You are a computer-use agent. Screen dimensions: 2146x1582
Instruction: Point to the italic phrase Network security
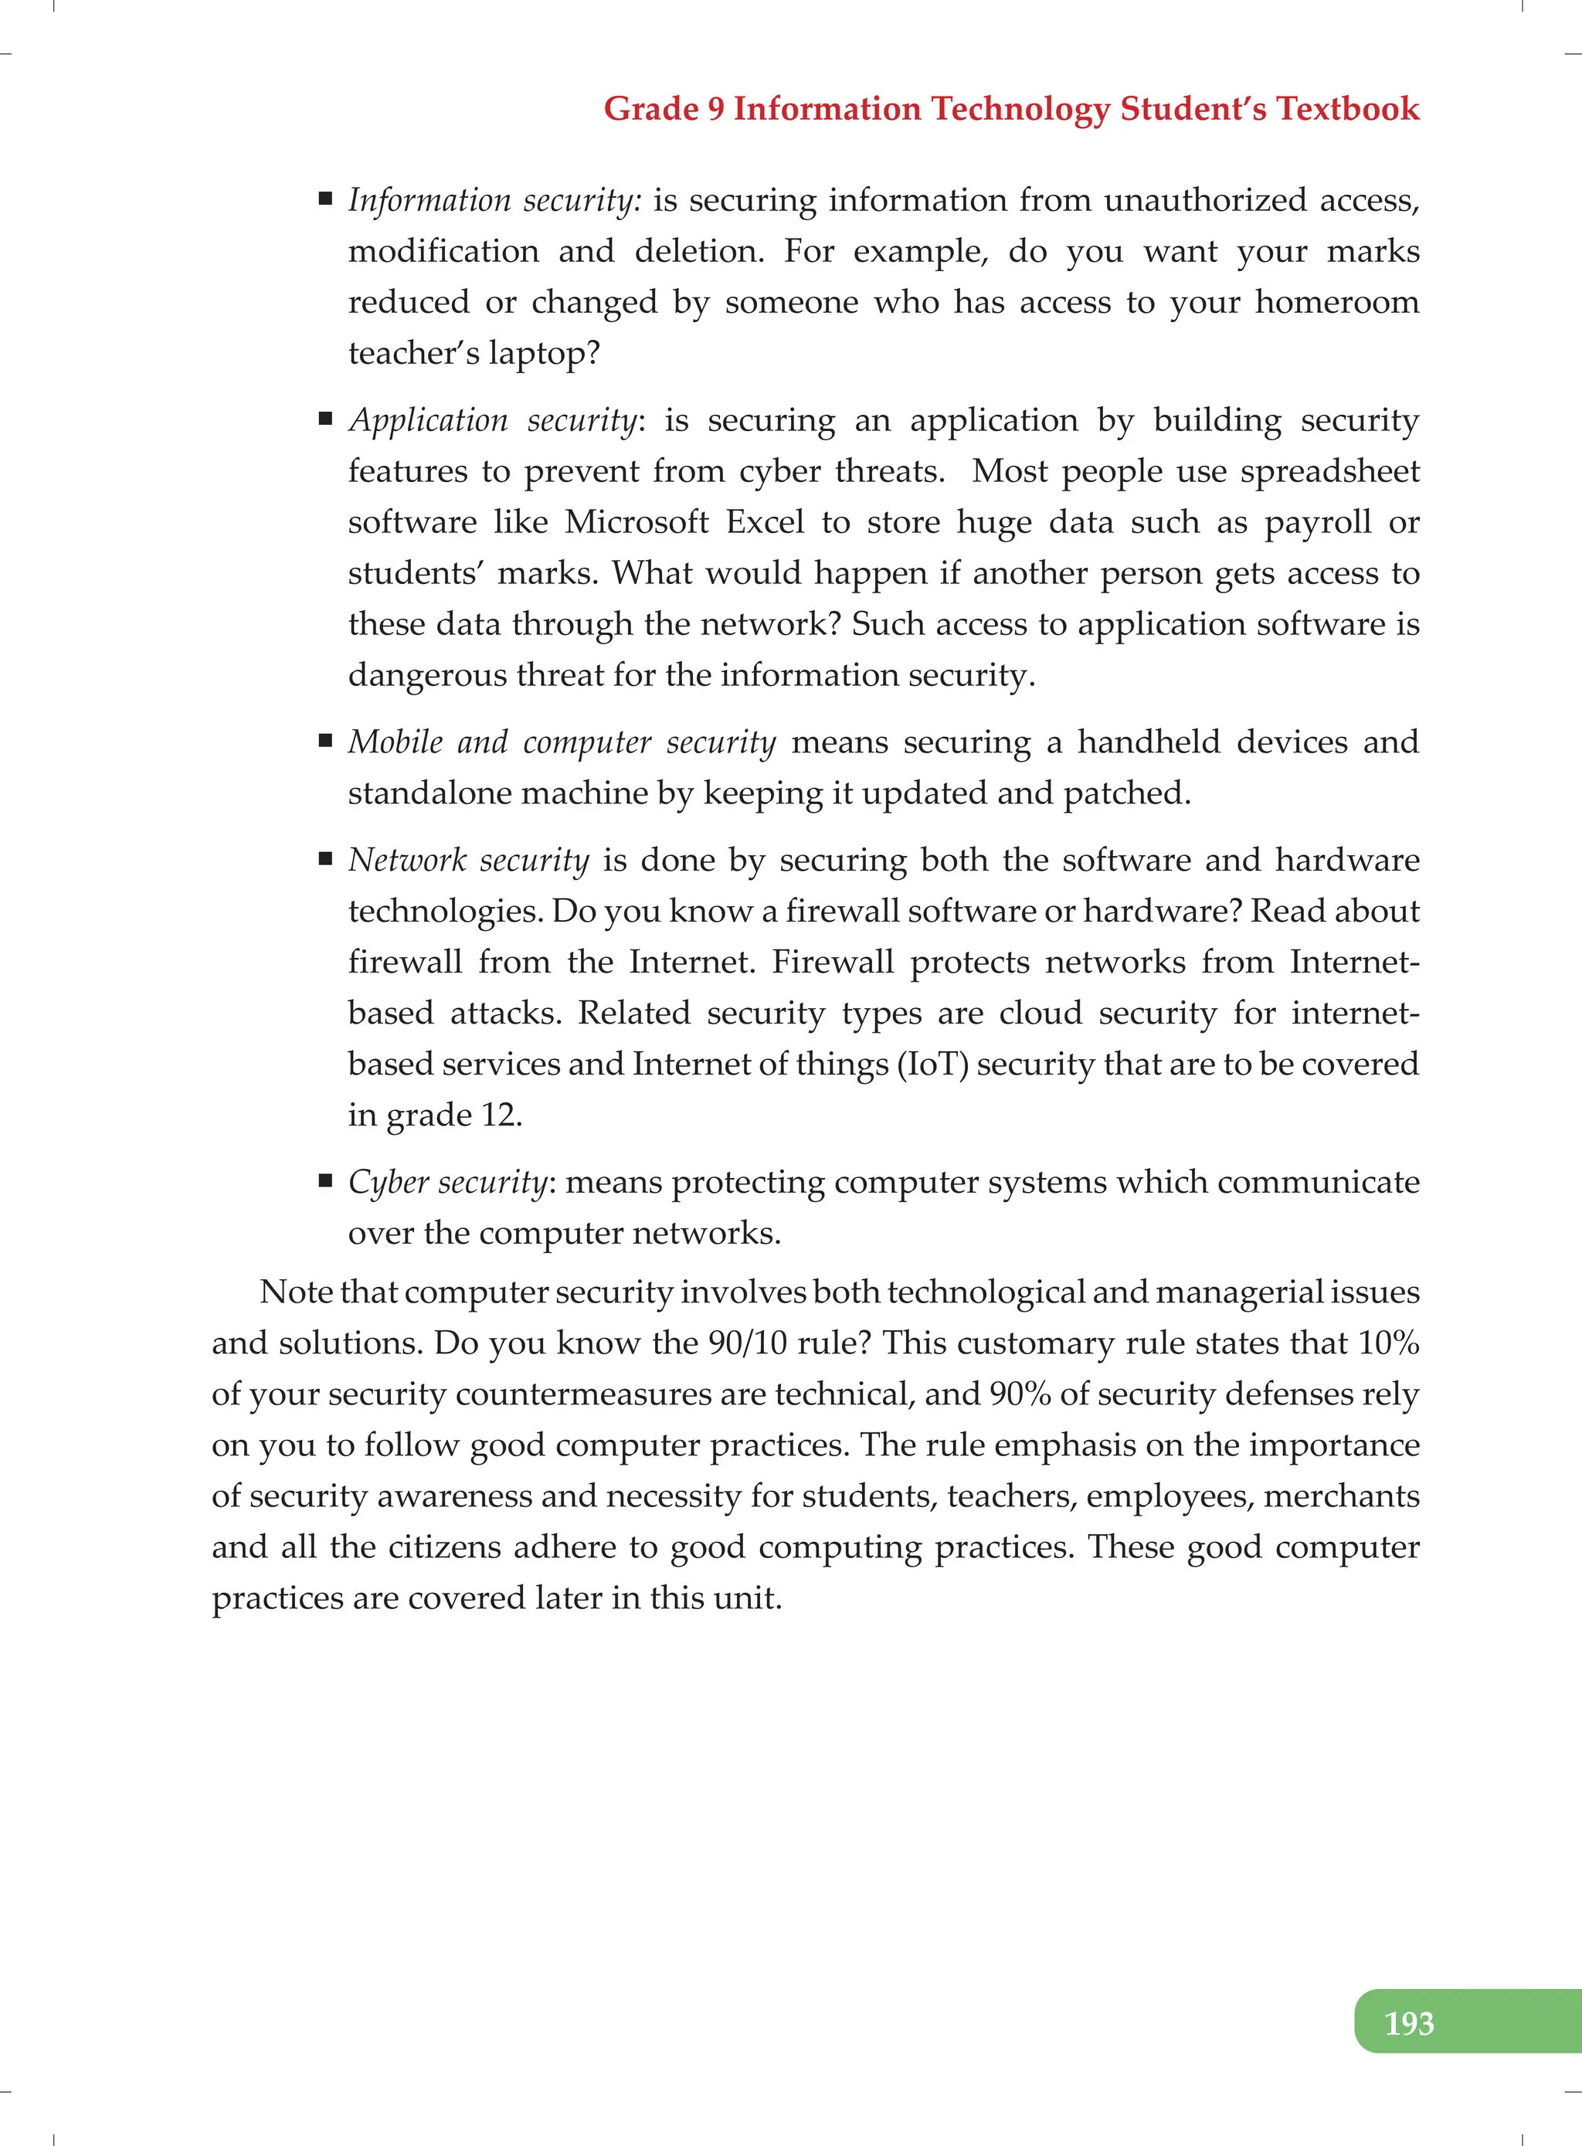pos(468,860)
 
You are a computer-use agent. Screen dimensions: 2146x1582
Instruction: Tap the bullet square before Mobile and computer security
pos(326,740)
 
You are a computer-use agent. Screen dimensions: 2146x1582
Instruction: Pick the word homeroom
pos(1337,303)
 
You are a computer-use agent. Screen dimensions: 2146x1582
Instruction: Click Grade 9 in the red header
pos(664,108)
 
